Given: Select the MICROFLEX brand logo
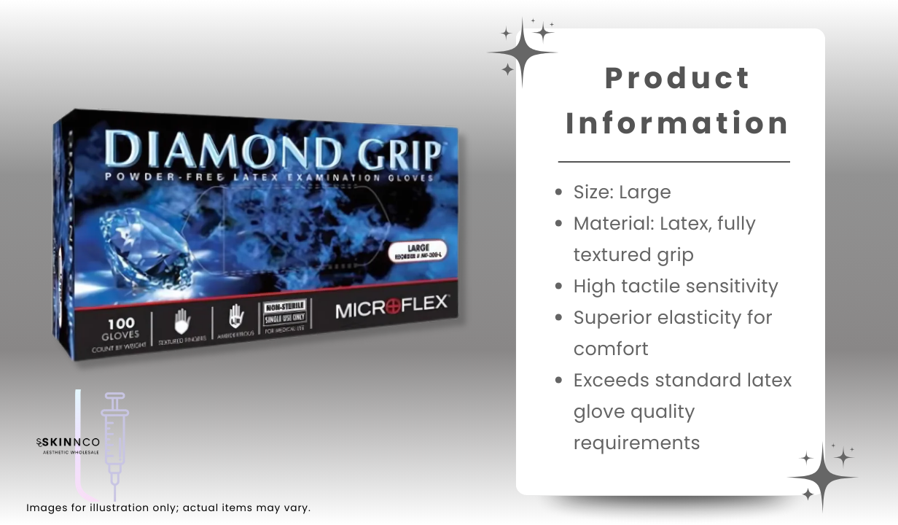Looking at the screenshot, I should click(391, 308).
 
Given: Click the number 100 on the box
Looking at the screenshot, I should click(120, 322).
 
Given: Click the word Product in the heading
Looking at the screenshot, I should click(677, 78).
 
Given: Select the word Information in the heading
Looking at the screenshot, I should click(677, 122).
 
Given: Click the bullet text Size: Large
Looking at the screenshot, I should click(622, 192).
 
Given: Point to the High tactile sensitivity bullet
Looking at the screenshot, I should click(675, 286).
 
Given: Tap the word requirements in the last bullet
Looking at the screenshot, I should click(636, 443).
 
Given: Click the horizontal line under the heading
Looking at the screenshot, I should click(673, 161).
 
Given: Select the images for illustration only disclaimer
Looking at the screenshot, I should click(168, 507).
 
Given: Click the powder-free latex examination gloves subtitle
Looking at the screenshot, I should click(269, 178).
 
